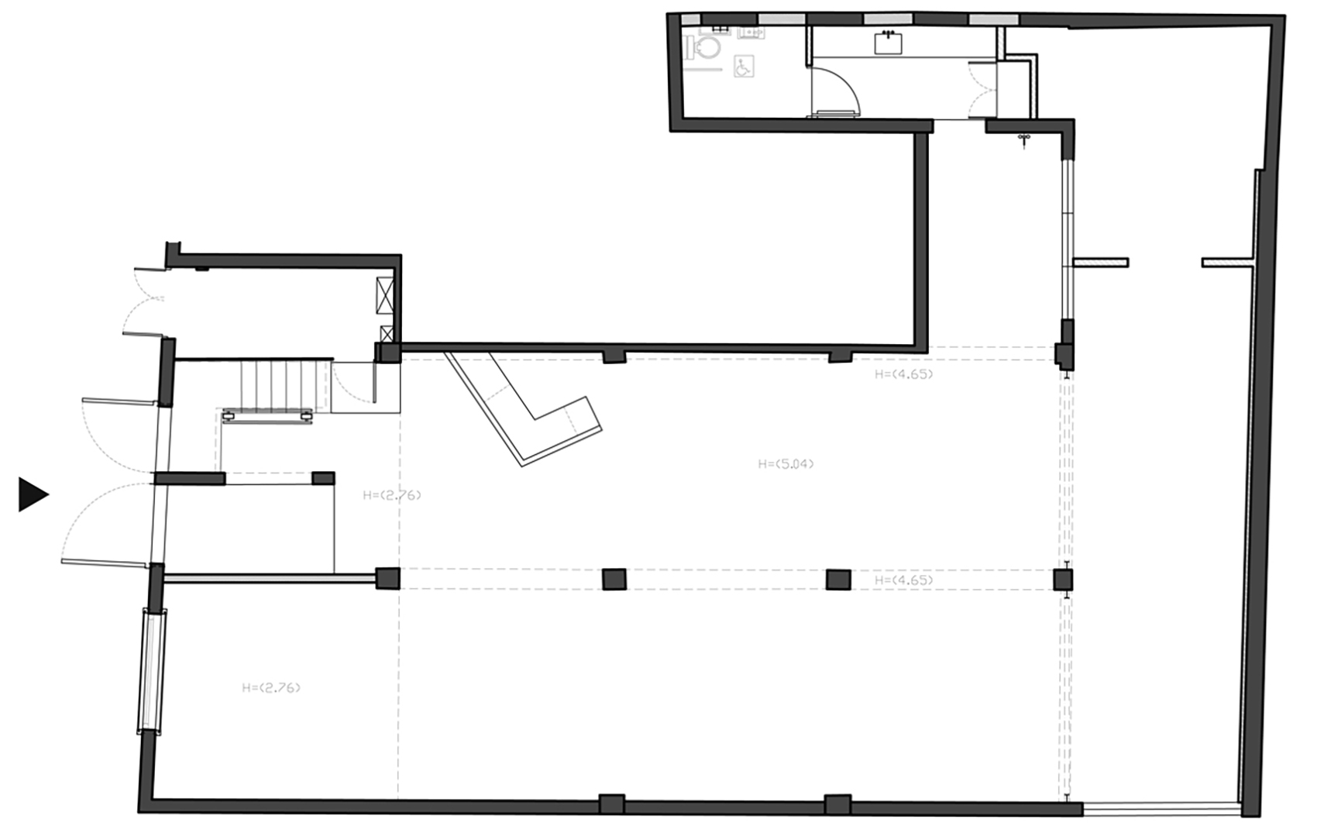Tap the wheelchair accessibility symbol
(742, 67)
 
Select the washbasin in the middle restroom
(889, 42)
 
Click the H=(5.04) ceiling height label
(786, 464)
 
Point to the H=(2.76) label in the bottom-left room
(271, 687)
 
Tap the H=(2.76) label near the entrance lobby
(392, 495)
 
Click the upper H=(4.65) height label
(903, 373)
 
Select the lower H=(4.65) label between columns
(903, 580)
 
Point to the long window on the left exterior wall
(153, 670)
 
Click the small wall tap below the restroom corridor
(1024, 140)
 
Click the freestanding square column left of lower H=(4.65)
(838, 580)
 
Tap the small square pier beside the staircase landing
(323, 478)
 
